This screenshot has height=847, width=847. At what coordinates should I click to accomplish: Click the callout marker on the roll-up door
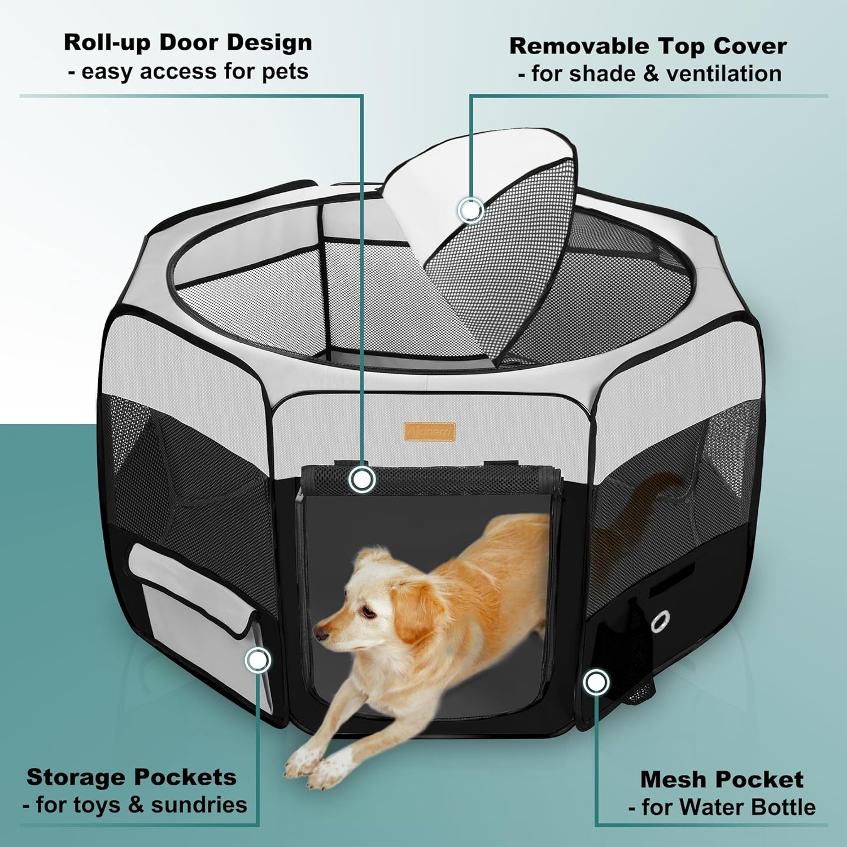(362, 479)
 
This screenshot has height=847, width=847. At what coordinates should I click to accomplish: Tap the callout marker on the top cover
(470, 210)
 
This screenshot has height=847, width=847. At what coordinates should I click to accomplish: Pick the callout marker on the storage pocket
(258, 660)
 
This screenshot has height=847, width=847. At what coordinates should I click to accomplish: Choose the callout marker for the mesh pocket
(595, 682)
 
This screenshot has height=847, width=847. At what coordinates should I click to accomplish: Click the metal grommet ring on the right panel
(659, 622)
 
